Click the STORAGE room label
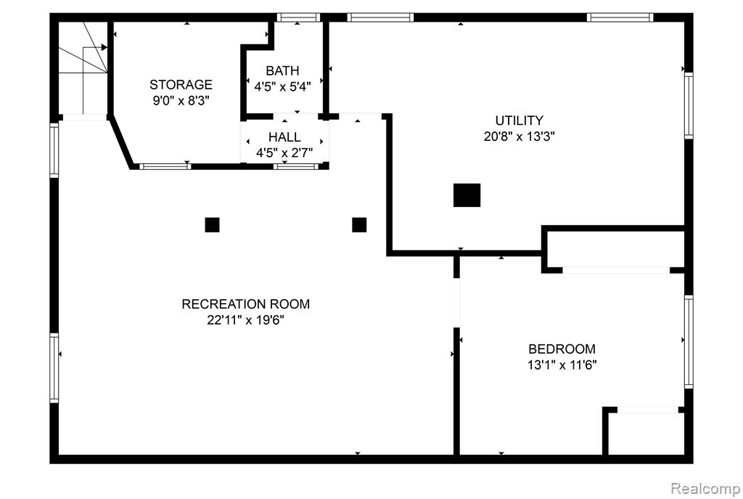pos(181,84)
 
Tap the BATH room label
pos(282,70)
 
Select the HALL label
pos(284,137)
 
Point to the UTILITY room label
pos(519,120)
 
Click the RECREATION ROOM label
pos(245,304)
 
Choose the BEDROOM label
pos(562,349)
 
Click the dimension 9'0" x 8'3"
pos(181,100)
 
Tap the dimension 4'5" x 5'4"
pos(282,87)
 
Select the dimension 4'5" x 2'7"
pos(284,153)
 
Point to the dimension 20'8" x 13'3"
pos(519,137)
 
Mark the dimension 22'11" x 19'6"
pos(245,320)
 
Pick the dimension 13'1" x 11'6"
pos(562,365)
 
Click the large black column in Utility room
pos(467,195)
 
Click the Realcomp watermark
pos(705,488)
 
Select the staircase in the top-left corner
pos(83,68)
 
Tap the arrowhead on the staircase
pos(104,47)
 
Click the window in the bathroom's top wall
pos(298,17)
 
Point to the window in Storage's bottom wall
pos(165,166)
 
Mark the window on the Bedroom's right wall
pos(689,341)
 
